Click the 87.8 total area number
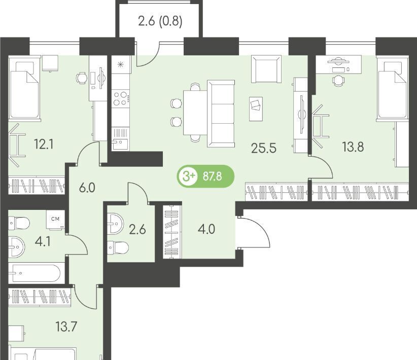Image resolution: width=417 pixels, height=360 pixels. (212, 176)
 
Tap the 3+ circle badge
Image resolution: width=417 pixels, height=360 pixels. (188, 176)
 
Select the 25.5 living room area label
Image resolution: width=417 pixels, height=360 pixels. (264, 148)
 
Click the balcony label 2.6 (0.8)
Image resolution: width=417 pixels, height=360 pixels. (160, 21)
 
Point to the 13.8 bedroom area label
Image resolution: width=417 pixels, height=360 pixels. (353, 147)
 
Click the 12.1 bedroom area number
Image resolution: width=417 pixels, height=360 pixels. (44, 145)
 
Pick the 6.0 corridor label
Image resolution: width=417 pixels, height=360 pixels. (87, 188)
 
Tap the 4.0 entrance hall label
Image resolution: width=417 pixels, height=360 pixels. (206, 229)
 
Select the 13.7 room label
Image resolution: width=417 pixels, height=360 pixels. (66, 327)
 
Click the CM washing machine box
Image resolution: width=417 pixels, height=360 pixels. (55, 220)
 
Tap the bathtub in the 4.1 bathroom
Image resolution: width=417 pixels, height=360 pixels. (34, 273)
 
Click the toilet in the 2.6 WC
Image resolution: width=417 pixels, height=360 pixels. (118, 248)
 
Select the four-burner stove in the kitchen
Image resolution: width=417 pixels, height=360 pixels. (120, 98)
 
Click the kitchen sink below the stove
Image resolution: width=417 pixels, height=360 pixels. (120, 139)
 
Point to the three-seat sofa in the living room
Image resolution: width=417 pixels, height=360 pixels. (221, 114)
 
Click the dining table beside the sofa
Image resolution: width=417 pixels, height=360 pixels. (195, 113)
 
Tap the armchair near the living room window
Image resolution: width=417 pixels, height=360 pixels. (266, 69)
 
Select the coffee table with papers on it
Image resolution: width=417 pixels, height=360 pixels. (256, 109)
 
